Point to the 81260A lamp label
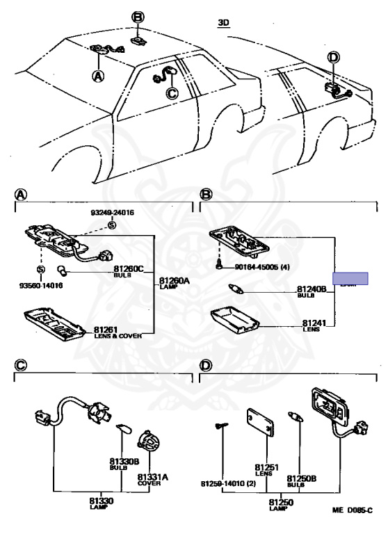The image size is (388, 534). (x=174, y=282)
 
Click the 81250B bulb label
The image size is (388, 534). (x=302, y=478)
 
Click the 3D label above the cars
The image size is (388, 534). (x=223, y=22)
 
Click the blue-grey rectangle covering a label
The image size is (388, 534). (x=350, y=279)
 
